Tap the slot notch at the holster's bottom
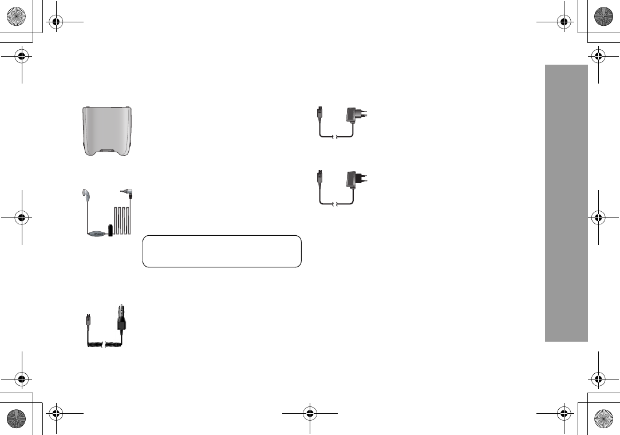pos(106,151)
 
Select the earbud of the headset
pos(85,194)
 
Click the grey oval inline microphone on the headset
pos(98,232)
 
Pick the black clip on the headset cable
pos(110,230)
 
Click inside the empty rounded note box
pos(222,251)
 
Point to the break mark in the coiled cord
pos(102,345)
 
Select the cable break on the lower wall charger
pos(337,204)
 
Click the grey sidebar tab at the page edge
pos(566,203)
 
